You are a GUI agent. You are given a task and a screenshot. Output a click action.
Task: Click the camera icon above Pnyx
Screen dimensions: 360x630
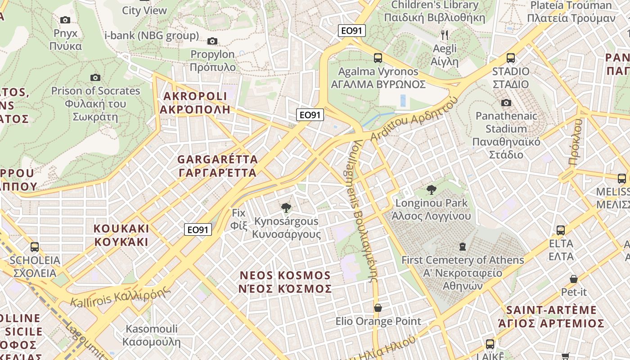[65, 20]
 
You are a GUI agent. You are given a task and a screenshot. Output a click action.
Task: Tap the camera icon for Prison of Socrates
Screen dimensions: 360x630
[95, 77]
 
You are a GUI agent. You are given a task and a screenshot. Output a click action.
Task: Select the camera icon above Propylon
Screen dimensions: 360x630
[212, 41]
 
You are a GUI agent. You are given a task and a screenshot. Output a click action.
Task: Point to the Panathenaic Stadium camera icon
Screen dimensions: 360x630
[506, 103]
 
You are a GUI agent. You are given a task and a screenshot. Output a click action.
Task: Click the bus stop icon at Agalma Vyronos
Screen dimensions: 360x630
[378, 58]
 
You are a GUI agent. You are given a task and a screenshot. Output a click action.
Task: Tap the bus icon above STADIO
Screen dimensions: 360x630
[511, 58]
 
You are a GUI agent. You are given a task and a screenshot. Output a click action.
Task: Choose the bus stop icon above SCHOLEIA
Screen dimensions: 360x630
[35, 247]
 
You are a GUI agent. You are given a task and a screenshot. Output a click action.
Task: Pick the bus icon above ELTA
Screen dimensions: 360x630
[561, 230]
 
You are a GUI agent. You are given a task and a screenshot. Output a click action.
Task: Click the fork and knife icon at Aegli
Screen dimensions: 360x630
[445, 35]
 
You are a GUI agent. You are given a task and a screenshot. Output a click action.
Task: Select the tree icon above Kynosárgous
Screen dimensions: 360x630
[285, 207]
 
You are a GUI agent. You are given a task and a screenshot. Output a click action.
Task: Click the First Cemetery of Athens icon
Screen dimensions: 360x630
[463, 246]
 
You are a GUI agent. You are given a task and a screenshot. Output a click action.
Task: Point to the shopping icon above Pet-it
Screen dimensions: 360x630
[574, 279]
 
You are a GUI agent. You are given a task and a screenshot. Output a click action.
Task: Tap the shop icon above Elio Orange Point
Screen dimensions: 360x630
[378, 308]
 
